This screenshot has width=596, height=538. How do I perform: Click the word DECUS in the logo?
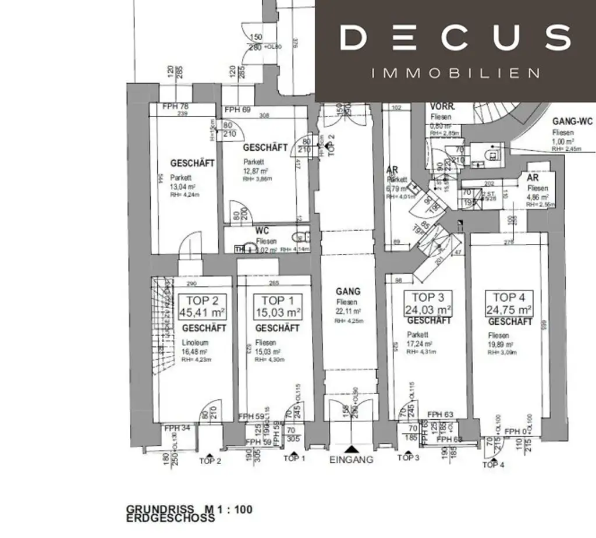pyautogui.click(x=455, y=37)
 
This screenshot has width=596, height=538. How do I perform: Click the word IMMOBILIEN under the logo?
pyautogui.click(x=455, y=73)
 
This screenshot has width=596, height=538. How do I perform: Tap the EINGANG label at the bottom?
pyautogui.click(x=351, y=459)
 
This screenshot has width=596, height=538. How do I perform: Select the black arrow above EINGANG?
pyautogui.click(x=351, y=449)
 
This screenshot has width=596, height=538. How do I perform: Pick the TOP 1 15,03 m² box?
pyautogui.click(x=277, y=306)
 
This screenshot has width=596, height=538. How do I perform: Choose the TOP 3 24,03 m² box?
pyautogui.click(x=428, y=303)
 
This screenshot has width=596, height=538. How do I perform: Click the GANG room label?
pyautogui.click(x=348, y=291)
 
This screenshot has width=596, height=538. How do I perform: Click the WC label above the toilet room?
pyautogui.click(x=262, y=231)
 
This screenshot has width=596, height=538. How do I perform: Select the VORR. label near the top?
pyautogui.click(x=442, y=107)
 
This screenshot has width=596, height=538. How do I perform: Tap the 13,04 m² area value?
pyautogui.click(x=183, y=187)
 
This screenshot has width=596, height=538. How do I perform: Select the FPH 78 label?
pyautogui.click(x=176, y=107)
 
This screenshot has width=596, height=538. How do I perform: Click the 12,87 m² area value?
pyautogui.click(x=256, y=171)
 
